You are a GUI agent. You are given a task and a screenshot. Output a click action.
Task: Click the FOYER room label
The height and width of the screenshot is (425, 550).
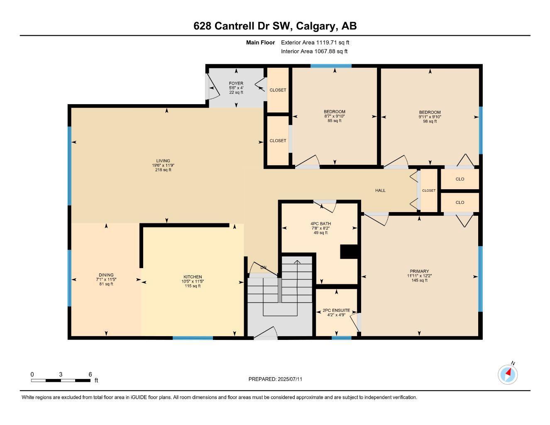(236, 84)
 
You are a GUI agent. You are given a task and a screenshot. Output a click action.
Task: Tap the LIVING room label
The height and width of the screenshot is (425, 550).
(163, 161)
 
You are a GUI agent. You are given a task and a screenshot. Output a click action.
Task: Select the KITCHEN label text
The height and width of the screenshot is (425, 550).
(193, 277)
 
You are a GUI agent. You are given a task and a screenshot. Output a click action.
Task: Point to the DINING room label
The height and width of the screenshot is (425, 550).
(106, 275)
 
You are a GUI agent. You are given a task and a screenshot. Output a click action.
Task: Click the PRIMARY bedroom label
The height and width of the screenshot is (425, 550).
(419, 271)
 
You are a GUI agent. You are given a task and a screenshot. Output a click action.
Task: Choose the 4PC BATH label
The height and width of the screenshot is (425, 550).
(320, 224)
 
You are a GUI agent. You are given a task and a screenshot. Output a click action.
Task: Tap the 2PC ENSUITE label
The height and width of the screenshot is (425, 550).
(336, 310)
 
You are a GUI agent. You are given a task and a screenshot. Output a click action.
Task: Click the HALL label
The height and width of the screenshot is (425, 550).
(380, 191)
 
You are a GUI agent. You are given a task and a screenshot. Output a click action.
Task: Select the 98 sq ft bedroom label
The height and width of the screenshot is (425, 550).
(430, 112)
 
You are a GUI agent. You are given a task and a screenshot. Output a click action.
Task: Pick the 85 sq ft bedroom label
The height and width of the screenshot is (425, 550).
(335, 112)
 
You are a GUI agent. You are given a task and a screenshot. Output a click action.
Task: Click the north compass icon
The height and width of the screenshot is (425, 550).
(508, 374)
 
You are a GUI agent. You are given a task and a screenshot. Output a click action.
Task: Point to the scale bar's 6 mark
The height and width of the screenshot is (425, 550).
(90, 374)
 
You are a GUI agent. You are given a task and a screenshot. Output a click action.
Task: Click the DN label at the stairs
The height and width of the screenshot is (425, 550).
(263, 267)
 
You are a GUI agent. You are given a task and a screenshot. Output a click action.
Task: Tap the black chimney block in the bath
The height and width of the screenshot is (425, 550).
(349, 252)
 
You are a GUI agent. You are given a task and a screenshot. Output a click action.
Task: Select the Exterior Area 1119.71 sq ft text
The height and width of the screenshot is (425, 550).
(315, 42)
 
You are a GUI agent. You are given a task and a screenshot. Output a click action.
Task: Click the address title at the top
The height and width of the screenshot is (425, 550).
(275, 26)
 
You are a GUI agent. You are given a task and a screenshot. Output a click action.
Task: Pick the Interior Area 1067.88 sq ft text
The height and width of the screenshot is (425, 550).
(314, 51)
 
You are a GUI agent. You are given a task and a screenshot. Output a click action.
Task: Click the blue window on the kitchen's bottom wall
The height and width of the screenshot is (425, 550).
(193, 338)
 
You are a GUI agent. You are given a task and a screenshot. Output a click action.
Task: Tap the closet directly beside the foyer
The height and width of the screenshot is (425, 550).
(278, 90)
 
